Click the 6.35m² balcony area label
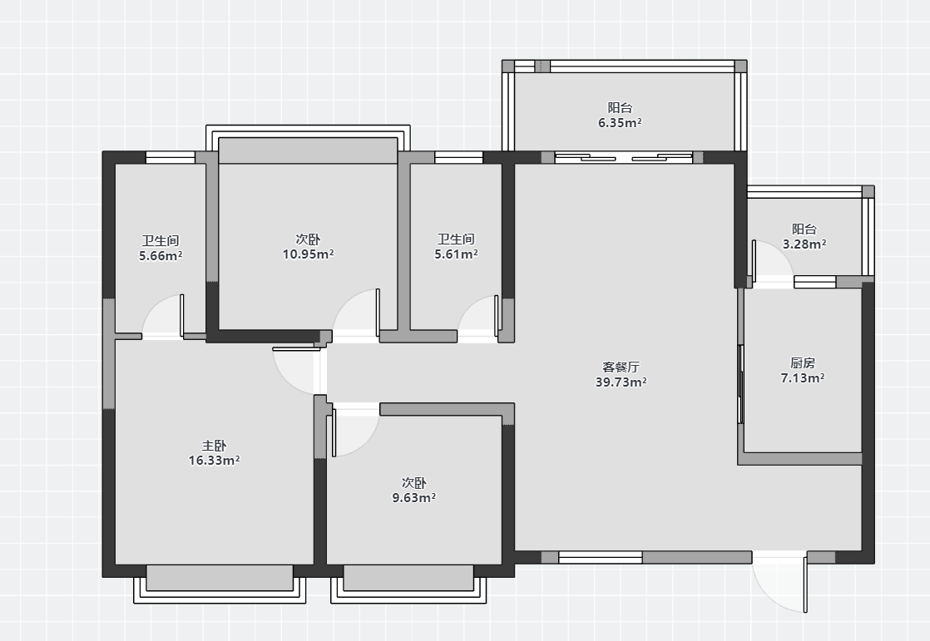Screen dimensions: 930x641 [620, 123]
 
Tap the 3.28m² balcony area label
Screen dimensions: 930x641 [804, 244]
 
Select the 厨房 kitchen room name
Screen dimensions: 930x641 [803, 362]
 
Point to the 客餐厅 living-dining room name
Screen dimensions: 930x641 [621, 367]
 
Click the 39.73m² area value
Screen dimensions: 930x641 [621, 382]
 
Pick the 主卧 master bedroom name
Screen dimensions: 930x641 [214, 446]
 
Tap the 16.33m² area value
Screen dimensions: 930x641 [214, 460]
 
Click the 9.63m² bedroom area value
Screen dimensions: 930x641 [414, 497]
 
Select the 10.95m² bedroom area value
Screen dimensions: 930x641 [308, 254]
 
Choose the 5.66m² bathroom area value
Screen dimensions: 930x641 [161, 255]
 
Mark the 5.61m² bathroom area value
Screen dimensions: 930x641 [456, 254]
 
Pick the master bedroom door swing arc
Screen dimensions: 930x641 [284, 379]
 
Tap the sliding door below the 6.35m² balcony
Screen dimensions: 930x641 [623, 157]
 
